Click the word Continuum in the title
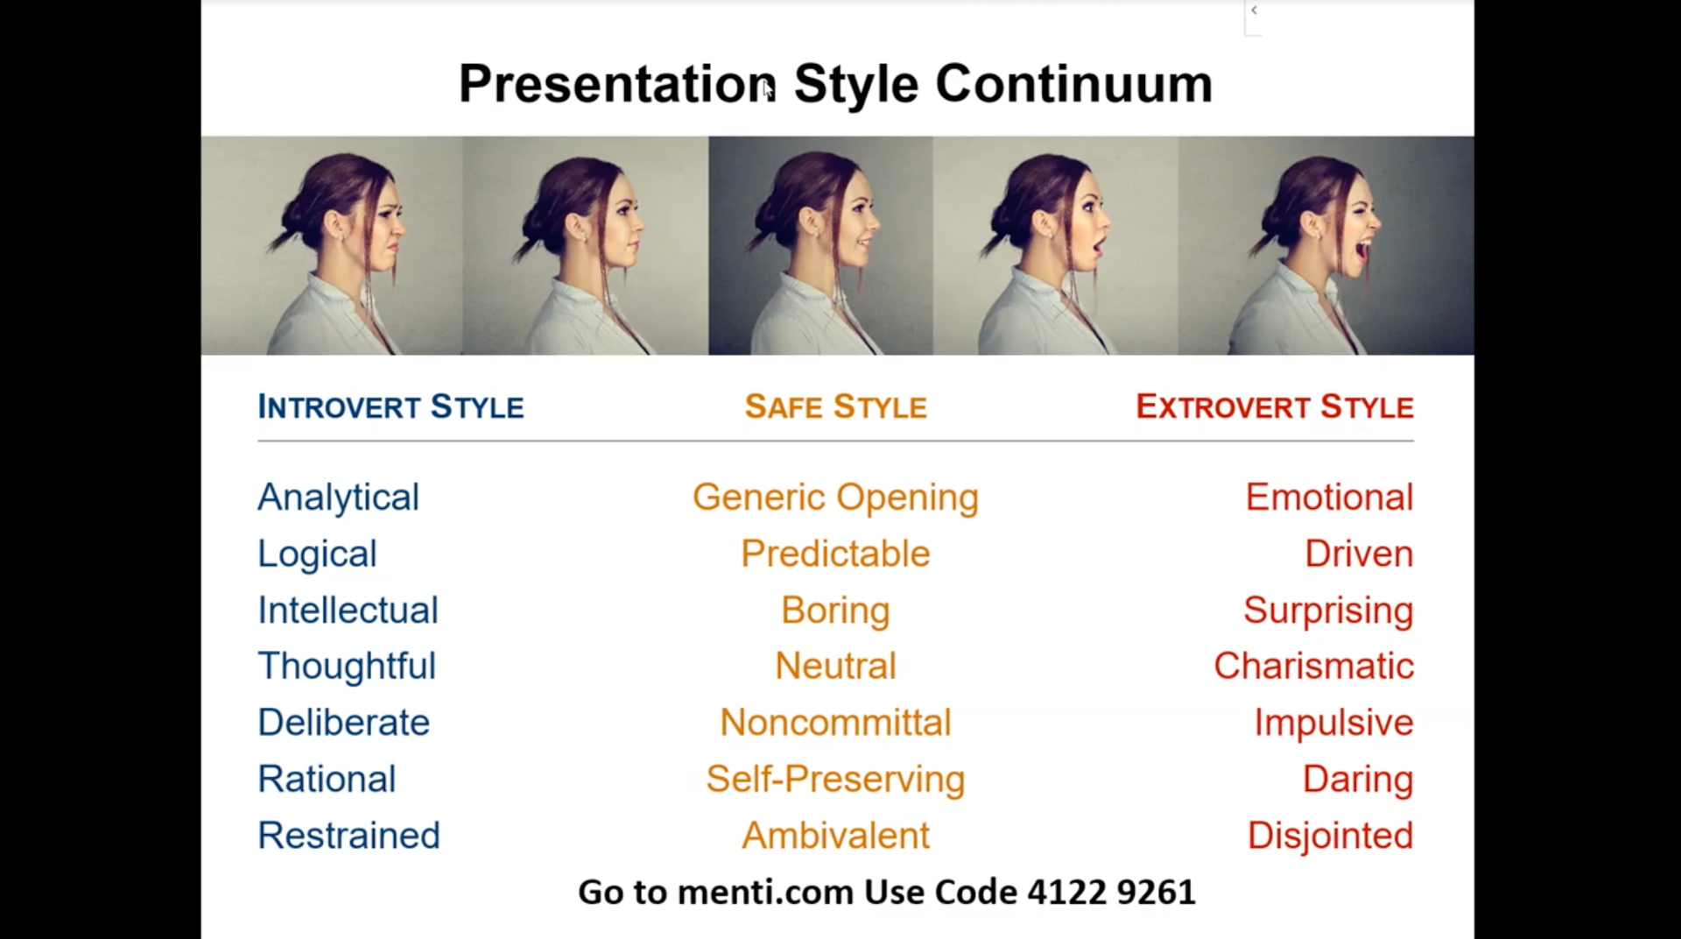(1073, 84)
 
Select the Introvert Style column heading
(390, 407)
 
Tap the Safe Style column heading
(835, 407)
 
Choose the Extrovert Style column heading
(1275, 407)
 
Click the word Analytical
(338, 498)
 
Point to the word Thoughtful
(347, 666)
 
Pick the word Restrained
(348, 836)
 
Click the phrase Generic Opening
(835, 498)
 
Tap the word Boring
(835, 611)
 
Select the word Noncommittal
(835, 723)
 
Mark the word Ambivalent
(835, 836)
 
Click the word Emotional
(1329, 498)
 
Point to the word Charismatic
(1313, 666)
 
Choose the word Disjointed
(1330, 836)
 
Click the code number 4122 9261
(1111, 892)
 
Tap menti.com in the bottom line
(765, 892)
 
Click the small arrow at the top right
(1254, 11)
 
